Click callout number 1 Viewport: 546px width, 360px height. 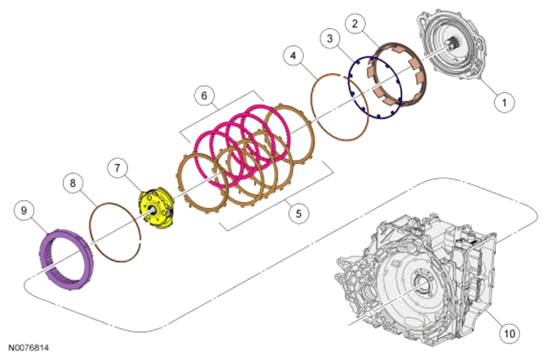tap(504, 103)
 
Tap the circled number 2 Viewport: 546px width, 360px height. tap(355, 24)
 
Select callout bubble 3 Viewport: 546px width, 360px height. tap(330, 39)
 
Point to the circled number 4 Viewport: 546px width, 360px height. tap(293, 55)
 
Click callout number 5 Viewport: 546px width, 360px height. tap(298, 213)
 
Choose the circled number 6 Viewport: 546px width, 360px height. tap(204, 96)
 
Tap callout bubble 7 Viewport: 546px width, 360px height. tap(117, 169)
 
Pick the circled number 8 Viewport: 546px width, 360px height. tap(73, 184)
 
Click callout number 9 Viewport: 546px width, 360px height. tap(24, 211)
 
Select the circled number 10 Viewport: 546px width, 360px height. tap(509, 334)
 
